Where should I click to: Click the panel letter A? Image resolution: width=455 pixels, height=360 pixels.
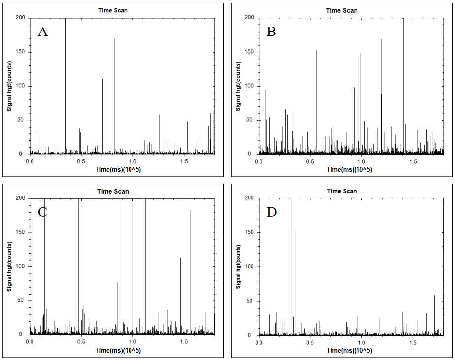coord(43,32)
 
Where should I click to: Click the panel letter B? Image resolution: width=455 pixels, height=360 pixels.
coord(271,32)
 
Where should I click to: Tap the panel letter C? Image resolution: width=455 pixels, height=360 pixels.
coord(42,212)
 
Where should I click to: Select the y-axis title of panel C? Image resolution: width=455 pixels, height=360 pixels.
coord(9,266)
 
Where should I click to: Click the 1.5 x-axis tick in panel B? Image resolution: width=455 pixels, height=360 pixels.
coord(413,162)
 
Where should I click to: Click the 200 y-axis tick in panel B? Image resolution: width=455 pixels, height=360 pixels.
coord(249,18)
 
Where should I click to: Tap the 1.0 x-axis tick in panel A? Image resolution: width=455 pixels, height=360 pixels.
coord(132,162)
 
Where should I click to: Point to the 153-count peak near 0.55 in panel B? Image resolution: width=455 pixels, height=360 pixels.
coord(316,51)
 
